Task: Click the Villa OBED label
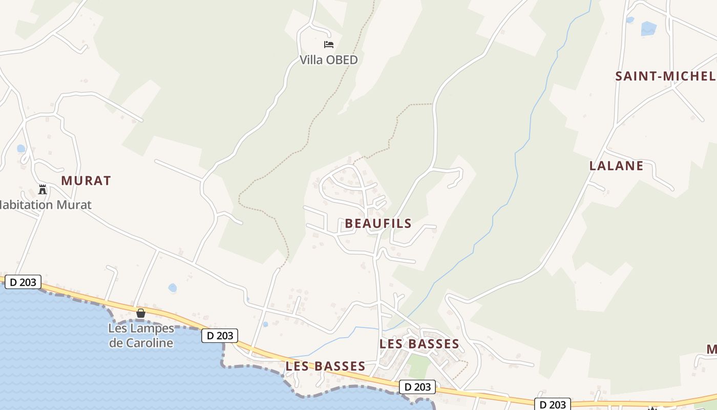click(328, 60)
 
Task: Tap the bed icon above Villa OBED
click(329, 45)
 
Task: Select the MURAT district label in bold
click(86, 180)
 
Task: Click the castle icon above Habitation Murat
click(43, 190)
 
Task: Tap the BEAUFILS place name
click(378, 223)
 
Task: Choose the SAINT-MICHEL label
click(665, 76)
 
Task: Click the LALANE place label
click(616, 166)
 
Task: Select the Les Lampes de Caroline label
click(141, 336)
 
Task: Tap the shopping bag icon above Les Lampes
click(141, 313)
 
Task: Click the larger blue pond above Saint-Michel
click(648, 28)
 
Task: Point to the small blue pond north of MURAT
click(21, 149)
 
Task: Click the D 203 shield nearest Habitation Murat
click(23, 282)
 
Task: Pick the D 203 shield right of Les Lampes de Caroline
click(220, 336)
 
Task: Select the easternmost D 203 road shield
click(553, 404)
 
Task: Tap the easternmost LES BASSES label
click(419, 344)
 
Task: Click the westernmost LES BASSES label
click(325, 366)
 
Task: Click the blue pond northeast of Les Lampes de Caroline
click(173, 288)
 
